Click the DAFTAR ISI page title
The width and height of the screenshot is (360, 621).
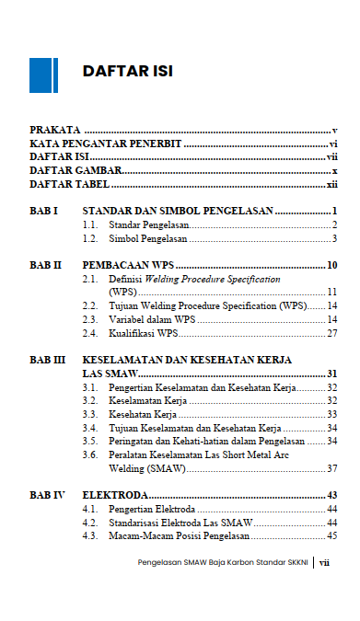tap(127, 72)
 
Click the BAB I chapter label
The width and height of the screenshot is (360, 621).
tap(43, 212)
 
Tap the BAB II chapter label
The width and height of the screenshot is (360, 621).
tap(45, 265)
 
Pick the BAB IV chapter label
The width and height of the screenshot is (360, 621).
tap(47, 495)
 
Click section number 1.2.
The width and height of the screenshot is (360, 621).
tap(90, 238)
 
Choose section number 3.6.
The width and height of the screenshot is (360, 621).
tap(90, 454)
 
